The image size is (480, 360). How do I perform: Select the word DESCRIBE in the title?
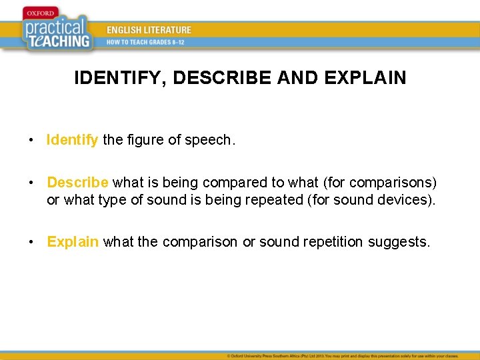225,78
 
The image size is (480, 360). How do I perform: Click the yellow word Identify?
73,140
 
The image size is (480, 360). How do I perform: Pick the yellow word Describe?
78,183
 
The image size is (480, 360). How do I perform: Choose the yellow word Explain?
73,241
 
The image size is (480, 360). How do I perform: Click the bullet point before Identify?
31,141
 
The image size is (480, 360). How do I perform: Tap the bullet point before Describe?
31,183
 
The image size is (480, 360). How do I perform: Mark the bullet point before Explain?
31,242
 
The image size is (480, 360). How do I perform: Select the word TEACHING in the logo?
63,40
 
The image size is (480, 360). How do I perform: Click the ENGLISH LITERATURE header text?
149,30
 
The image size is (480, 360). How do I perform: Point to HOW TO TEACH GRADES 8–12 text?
145,42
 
